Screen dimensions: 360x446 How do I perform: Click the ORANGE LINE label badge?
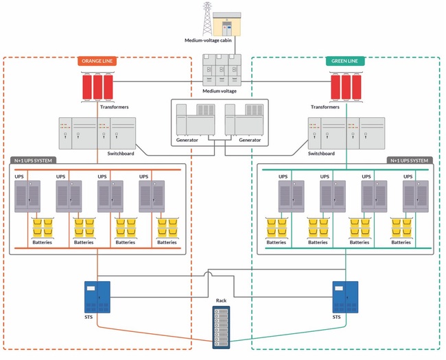point(97,61)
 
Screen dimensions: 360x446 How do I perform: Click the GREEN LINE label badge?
point(344,61)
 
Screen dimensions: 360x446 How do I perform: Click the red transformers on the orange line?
point(96,87)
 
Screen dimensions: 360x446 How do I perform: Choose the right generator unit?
point(244,120)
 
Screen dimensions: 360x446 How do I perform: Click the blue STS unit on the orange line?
point(97,296)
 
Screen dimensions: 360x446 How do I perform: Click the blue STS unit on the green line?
point(345,296)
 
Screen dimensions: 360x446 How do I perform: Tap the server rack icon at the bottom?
point(221,327)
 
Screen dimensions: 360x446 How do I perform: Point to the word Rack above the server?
point(221,301)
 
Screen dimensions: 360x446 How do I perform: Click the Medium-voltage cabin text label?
point(210,40)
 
